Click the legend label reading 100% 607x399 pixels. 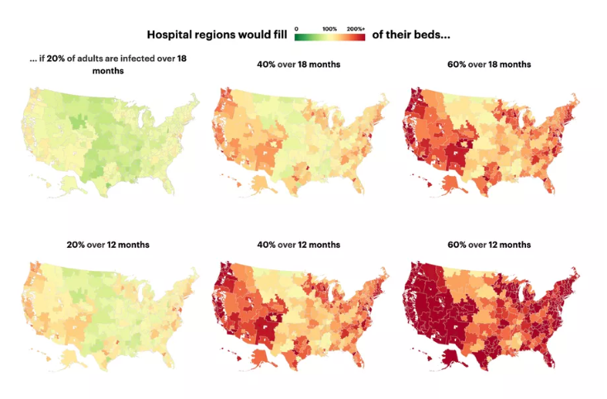click(x=329, y=28)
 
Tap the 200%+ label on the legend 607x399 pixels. click(x=356, y=28)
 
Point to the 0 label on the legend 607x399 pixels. click(x=296, y=28)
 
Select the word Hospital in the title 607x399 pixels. click(x=170, y=35)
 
